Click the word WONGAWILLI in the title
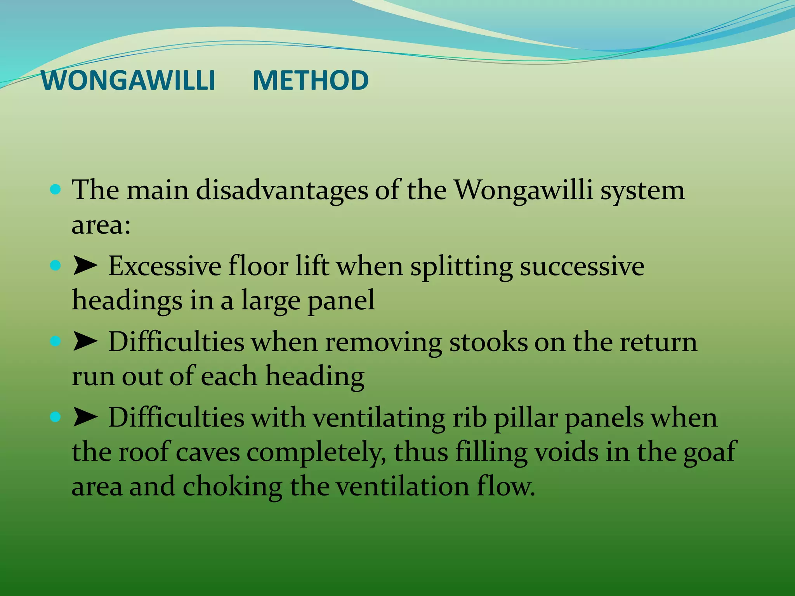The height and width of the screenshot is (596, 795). tap(128, 81)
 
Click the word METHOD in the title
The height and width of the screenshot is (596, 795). tap(311, 81)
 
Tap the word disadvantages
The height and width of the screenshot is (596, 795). tap(282, 191)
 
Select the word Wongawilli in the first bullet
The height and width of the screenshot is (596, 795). tap(524, 191)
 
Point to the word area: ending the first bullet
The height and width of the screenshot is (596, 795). tap(101, 225)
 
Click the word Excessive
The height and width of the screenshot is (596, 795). tap(164, 267)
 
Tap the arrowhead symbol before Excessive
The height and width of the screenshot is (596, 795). tap(85, 266)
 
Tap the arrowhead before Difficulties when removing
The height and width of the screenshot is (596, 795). tap(85, 341)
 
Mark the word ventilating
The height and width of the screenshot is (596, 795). tap(379, 418)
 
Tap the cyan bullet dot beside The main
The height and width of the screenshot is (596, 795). tap(56, 190)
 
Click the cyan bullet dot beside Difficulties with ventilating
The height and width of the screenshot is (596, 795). tap(56, 417)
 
